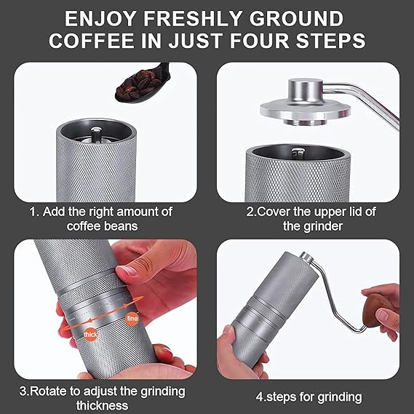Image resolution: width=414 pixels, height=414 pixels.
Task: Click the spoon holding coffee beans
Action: pyautogui.click(x=143, y=84)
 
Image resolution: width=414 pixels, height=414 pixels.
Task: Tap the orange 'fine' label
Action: pyautogui.click(x=132, y=319)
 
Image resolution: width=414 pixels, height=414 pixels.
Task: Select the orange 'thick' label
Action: pyautogui.click(x=90, y=335)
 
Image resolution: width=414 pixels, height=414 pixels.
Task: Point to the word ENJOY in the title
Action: pyautogui.click(x=100, y=19)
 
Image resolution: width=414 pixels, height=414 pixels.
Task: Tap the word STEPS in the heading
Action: pyautogui.click(x=330, y=41)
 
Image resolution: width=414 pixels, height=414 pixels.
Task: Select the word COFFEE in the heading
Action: pyautogui.click(x=92, y=41)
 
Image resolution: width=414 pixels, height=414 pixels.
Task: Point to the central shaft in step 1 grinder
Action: pyautogui.click(x=95, y=134)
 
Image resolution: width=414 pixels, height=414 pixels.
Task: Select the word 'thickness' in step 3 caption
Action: pyautogui.click(x=102, y=405)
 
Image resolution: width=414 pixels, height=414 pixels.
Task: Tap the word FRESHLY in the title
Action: pyautogui.click(x=193, y=19)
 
